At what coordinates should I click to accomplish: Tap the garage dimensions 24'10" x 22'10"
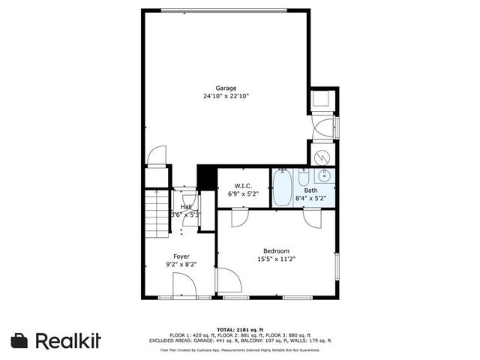[225, 96]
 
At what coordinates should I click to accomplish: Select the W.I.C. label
[242, 185]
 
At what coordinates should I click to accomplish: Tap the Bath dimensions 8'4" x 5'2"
[310, 199]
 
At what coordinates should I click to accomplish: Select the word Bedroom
[275, 250]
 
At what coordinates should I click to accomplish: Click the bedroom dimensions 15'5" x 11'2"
[275, 259]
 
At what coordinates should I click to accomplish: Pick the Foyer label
[181, 256]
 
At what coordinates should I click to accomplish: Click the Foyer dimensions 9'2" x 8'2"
[181, 265]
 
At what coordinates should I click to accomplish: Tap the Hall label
[186, 207]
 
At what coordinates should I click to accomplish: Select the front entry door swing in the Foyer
[184, 286]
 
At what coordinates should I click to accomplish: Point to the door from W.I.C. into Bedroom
[239, 217]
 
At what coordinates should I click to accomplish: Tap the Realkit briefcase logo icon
[19, 340]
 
